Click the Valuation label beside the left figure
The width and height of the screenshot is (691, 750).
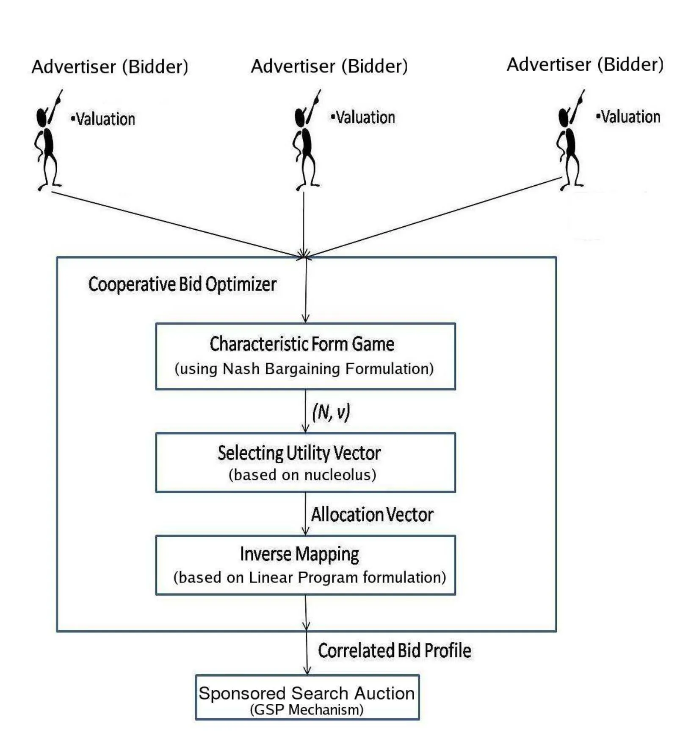103,119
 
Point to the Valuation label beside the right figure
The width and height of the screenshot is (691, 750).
628,117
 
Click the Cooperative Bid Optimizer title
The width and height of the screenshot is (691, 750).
182,284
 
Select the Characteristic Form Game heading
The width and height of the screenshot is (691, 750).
302,344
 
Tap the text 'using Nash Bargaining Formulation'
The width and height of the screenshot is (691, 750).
304,369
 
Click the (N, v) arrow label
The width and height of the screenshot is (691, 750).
331,412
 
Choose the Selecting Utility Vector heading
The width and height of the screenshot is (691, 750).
299,453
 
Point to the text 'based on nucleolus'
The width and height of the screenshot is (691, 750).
302,475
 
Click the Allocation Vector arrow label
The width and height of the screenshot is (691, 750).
372,515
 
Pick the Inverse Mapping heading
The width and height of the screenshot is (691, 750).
299,554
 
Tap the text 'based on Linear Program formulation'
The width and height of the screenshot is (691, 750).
310,577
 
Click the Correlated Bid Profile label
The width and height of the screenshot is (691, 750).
394,651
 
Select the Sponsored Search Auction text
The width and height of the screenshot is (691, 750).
307,693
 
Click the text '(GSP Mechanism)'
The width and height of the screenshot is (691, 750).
307,710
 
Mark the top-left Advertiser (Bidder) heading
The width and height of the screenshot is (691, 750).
110,67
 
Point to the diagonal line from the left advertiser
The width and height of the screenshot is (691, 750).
174,224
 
